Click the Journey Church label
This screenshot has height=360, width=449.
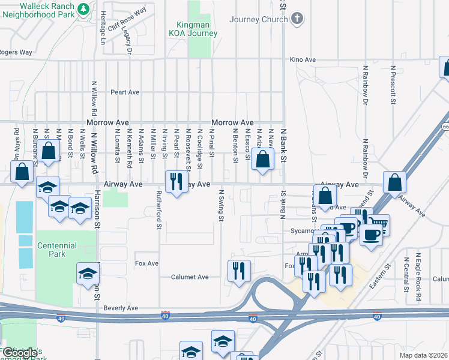pyautogui.click(x=259, y=19)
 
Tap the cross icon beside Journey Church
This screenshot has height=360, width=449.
pyautogui.click(x=296, y=19)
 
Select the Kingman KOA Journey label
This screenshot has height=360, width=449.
pyautogui.click(x=193, y=29)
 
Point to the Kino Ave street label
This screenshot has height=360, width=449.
pyautogui.click(x=303, y=60)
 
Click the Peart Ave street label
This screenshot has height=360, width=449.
pyautogui.click(x=125, y=92)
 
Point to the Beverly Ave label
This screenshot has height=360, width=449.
pyautogui.click(x=121, y=308)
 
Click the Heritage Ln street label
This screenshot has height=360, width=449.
pyautogui.click(x=103, y=28)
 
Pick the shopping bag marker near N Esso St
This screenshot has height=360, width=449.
pyautogui.click(x=262, y=160)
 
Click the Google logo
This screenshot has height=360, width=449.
pyautogui.click(x=20, y=353)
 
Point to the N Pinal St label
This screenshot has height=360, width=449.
pyautogui.click(x=211, y=143)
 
